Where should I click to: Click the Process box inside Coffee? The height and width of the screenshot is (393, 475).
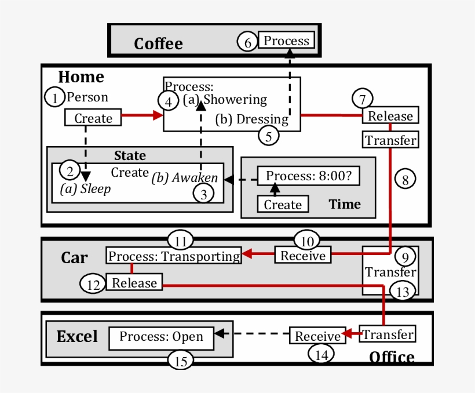point(286,41)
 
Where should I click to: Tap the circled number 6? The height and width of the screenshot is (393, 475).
point(247,42)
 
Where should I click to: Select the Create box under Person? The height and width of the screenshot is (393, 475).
point(93,118)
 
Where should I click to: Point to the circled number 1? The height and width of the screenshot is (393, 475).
point(55,98)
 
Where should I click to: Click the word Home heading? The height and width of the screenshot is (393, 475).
point(81,77)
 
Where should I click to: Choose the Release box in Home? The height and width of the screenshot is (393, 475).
point(390,116)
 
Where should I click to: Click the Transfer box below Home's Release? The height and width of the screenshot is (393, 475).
point(390,140)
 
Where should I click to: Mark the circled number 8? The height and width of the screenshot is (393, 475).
point(405,179)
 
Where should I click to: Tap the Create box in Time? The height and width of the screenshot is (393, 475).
point(283,205)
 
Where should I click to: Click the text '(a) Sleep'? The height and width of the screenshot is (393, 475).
point(85,189)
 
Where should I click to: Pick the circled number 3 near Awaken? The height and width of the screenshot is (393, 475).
point(203,194)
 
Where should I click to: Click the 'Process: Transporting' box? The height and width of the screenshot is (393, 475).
point(174,256)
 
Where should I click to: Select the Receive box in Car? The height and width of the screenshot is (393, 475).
point(303,256)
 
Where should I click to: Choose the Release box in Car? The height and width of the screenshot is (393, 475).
point(134,283)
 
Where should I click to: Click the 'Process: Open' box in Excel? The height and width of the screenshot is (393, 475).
point(161,337)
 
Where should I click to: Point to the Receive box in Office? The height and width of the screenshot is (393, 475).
point(317,336)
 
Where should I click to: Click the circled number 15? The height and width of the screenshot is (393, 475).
point(181,361)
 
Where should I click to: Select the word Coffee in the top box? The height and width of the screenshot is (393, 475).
point(158,43)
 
